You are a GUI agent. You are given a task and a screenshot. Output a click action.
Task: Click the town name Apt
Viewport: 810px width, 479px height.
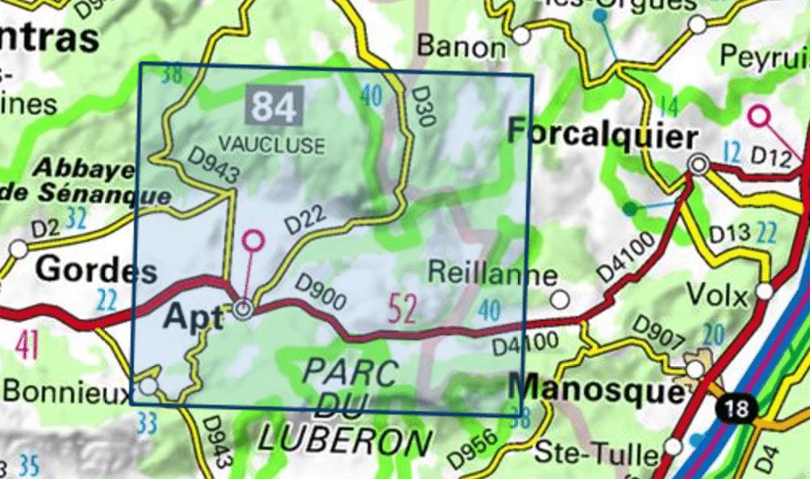coord(193,317)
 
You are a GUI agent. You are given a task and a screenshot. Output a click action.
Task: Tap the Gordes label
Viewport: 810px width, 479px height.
coord(96,270)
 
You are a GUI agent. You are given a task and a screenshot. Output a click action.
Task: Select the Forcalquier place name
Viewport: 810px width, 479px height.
coord(602,135)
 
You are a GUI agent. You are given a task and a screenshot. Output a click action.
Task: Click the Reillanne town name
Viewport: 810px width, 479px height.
coord(491,273)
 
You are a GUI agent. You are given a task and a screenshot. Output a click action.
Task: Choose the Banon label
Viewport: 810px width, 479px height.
coord(462,46)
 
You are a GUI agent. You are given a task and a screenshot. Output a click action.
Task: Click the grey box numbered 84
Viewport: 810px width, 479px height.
coord(275,106)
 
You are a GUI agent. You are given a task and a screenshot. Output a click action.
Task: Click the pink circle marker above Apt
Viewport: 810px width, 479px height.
coord(253,240)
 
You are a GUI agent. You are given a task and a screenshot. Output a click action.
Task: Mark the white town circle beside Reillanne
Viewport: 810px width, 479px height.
coord(560,300)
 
